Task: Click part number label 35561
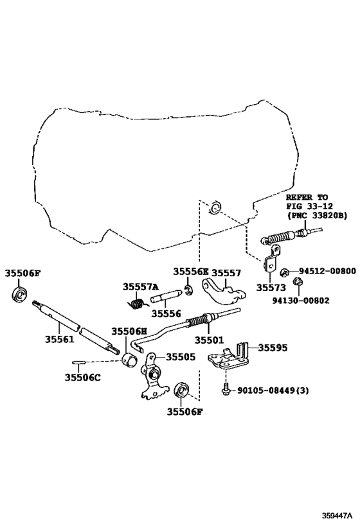pos(59,340)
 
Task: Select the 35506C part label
pos(83,378)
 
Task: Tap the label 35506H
pos(129,331)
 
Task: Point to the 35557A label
pos(140,286)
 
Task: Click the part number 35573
pos(271,288)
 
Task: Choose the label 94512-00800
pos(327,271)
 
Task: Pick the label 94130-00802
pos(301,300)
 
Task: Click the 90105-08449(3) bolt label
pos(273,390)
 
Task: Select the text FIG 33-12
pos(309,206)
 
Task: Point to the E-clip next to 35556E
pos(189,291)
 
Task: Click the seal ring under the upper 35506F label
pos(20,295)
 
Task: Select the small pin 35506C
pos(79,362)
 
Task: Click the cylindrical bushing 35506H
pos(130,359)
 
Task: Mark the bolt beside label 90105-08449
pos(226,388)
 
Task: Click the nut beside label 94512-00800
pos(284,272)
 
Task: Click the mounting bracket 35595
pos(229,357)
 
